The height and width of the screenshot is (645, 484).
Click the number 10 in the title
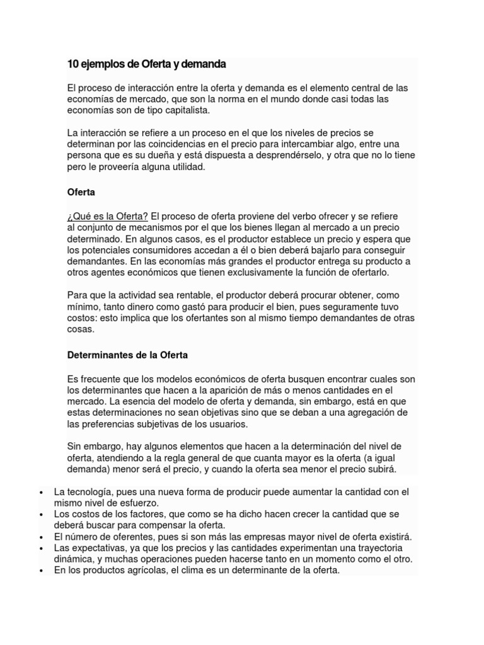pyautogui.click(x=72, y=64)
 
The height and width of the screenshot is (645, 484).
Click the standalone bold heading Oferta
pyautogui.click(x=81, y=191)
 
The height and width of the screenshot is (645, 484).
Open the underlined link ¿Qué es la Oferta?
pyautogui.click(x=108, y=216)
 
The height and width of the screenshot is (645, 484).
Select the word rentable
pyautogui.click(x=187, y=295)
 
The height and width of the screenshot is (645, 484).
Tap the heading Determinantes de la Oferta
pyautogui.click(x=127, y=355)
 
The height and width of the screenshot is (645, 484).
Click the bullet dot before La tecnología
pyautogui.click(x=40, y=492)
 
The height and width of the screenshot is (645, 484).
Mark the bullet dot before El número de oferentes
pyautogui.click(x=40, y=537)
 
